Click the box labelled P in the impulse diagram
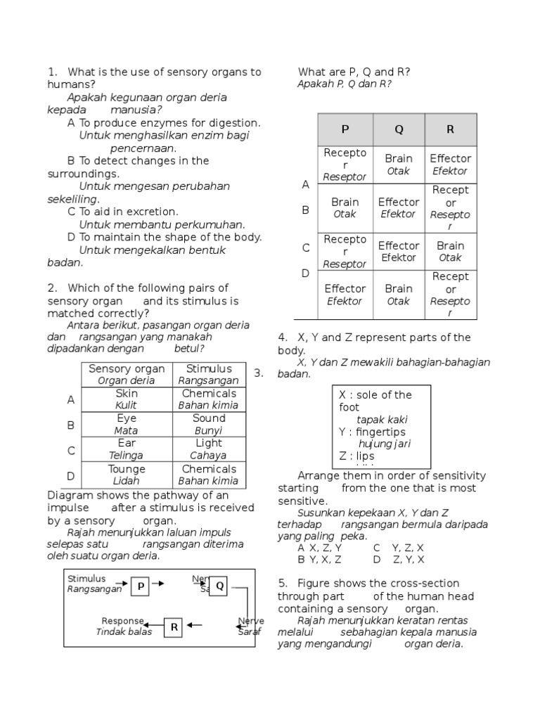click(x=140, y=586)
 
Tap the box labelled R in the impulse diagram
click(x=174, y=626)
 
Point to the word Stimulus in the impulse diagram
click(x=86, y=579)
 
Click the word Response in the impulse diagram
click(x=122, y=621)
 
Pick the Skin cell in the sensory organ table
click(x=127, y=399)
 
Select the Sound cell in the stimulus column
click(x=209, y=424)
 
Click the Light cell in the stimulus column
click(x=209, y=449)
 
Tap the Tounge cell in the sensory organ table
click(x=127, y=475)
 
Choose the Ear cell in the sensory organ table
click(x=127, y=449)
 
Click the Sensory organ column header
click(x=127, y=374)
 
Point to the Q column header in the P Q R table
click(x=399, y=129)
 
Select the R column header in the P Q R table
click(x=450, y=129)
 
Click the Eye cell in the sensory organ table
click(x=127, y=424)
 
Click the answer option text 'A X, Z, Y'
click(x=320, y=548)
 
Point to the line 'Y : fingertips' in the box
click(x=372, y=432)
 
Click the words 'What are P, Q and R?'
click(x=354, y=72)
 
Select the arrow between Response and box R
click(x=154, y=624)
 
